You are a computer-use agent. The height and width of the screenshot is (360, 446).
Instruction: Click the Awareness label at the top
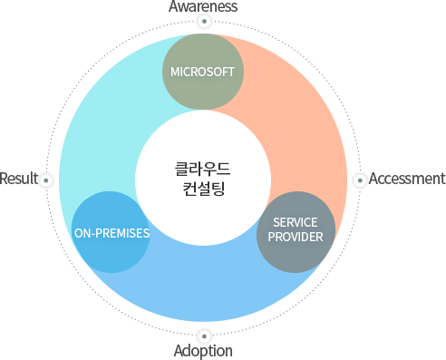(203, 6)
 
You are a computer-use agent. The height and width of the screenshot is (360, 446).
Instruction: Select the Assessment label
(406, 179)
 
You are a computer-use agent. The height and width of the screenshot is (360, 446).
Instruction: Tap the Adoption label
(203, 351)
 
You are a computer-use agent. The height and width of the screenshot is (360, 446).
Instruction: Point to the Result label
(18, 178)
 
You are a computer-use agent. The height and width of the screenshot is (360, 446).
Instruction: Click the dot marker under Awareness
(203, 21)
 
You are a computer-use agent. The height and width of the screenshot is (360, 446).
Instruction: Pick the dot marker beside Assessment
(358, 179)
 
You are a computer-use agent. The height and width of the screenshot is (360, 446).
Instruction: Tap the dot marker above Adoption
(203, 335)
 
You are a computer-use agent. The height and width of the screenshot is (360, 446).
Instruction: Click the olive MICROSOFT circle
(202, 71)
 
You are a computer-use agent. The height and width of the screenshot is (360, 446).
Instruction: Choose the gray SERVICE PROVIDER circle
(296, 231)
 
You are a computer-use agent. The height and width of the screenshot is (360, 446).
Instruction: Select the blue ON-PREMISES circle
(111, 232)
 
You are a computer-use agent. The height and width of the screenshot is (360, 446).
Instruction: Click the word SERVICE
(296, 223)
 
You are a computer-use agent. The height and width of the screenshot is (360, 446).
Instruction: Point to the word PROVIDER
(296, 238)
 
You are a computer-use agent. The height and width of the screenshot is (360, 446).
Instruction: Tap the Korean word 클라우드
(203, 169)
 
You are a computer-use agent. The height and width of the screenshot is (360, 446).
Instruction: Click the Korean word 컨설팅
(203, 190)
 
